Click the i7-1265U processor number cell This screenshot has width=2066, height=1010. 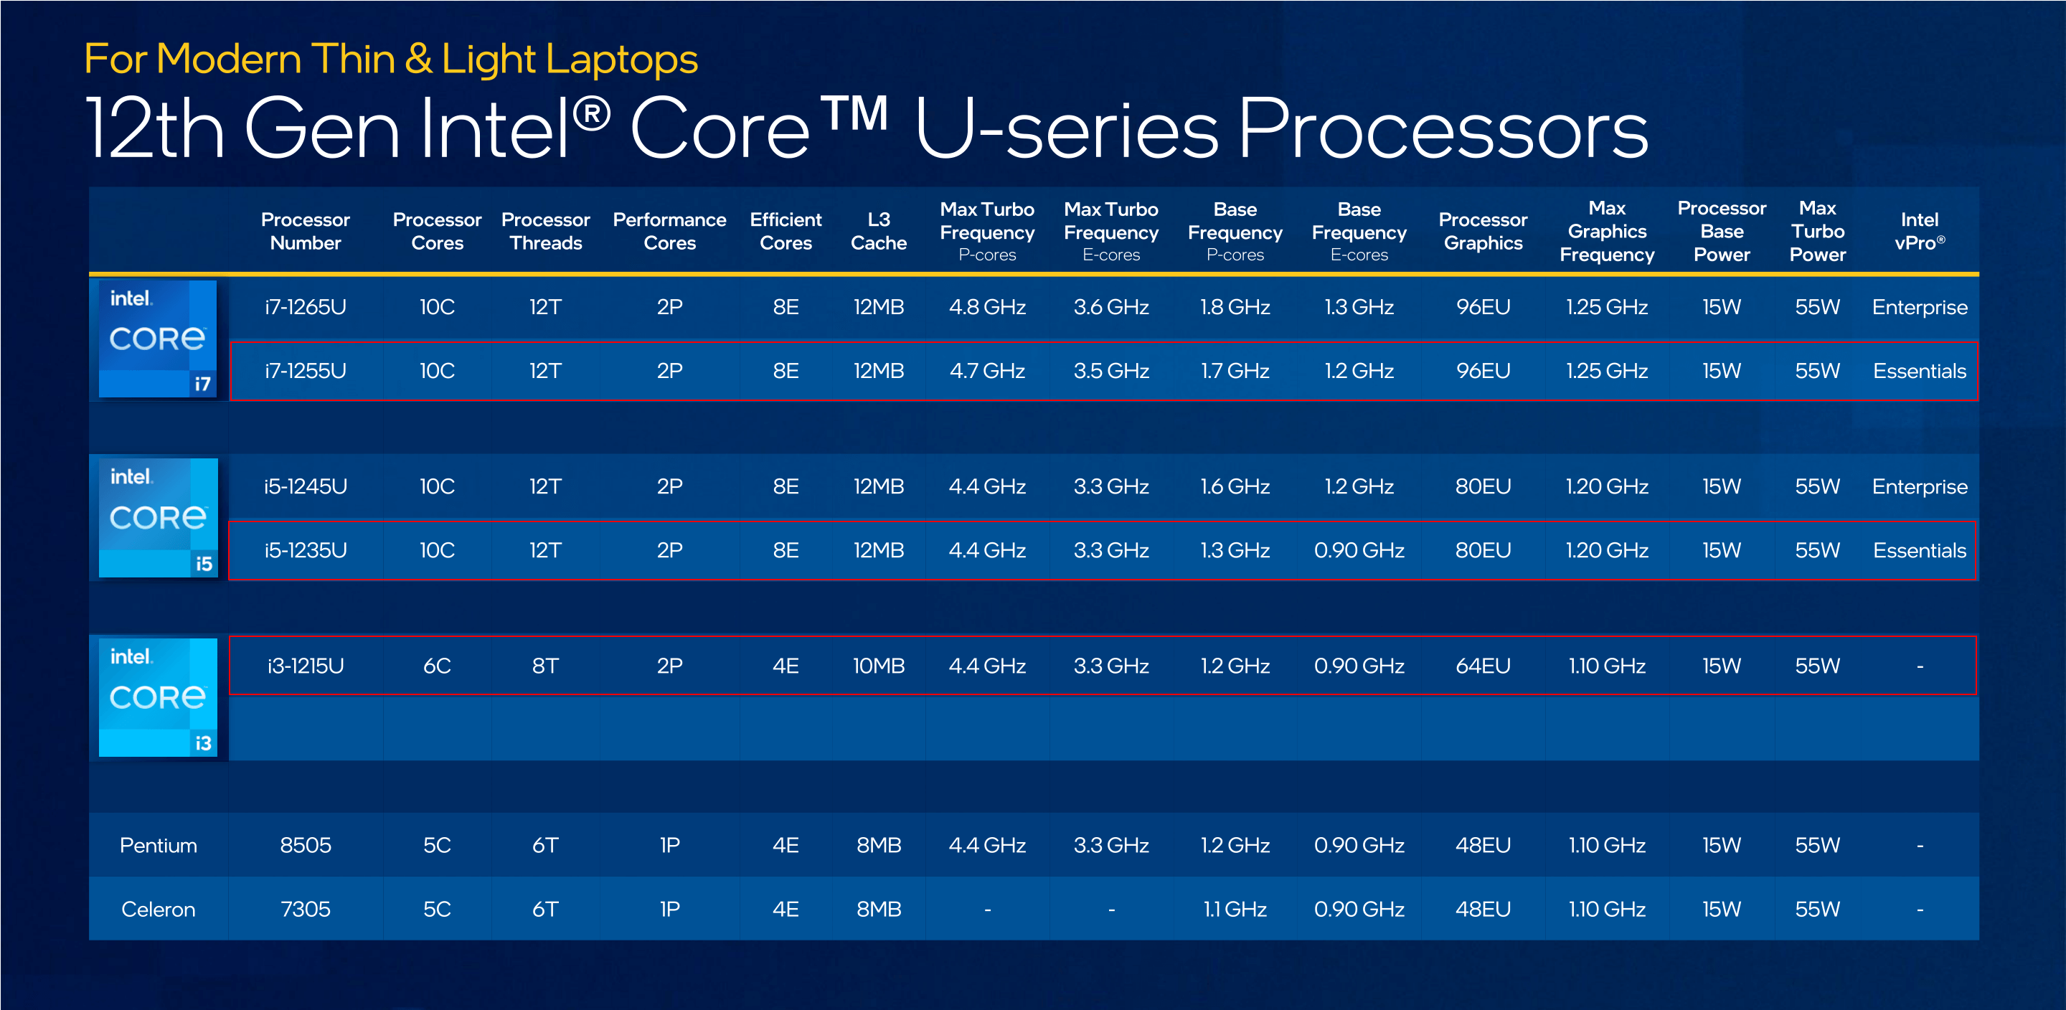point(306,307)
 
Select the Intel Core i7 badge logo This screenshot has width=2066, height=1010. point(158,339)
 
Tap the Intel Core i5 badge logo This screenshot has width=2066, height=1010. point(158,517)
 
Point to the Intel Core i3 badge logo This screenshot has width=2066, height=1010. point(158,697)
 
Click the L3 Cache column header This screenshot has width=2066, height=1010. point(878,231)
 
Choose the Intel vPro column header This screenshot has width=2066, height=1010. point(1918,231)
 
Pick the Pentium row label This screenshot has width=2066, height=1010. point(158,845)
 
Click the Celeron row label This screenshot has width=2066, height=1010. point(158,909)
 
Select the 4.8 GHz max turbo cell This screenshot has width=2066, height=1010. point(986,307)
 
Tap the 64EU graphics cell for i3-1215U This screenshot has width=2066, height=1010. point(1483,666)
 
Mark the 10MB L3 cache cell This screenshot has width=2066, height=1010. point(878,666)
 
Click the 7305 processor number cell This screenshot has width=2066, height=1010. point(306,909)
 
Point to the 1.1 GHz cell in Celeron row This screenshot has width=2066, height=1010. point(1235,909)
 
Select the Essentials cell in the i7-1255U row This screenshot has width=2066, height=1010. point(1918,371)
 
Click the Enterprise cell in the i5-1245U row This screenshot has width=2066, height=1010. point(1918,486)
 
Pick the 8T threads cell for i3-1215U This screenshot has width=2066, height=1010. point(545,666)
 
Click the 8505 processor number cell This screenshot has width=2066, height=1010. point(306,845)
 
